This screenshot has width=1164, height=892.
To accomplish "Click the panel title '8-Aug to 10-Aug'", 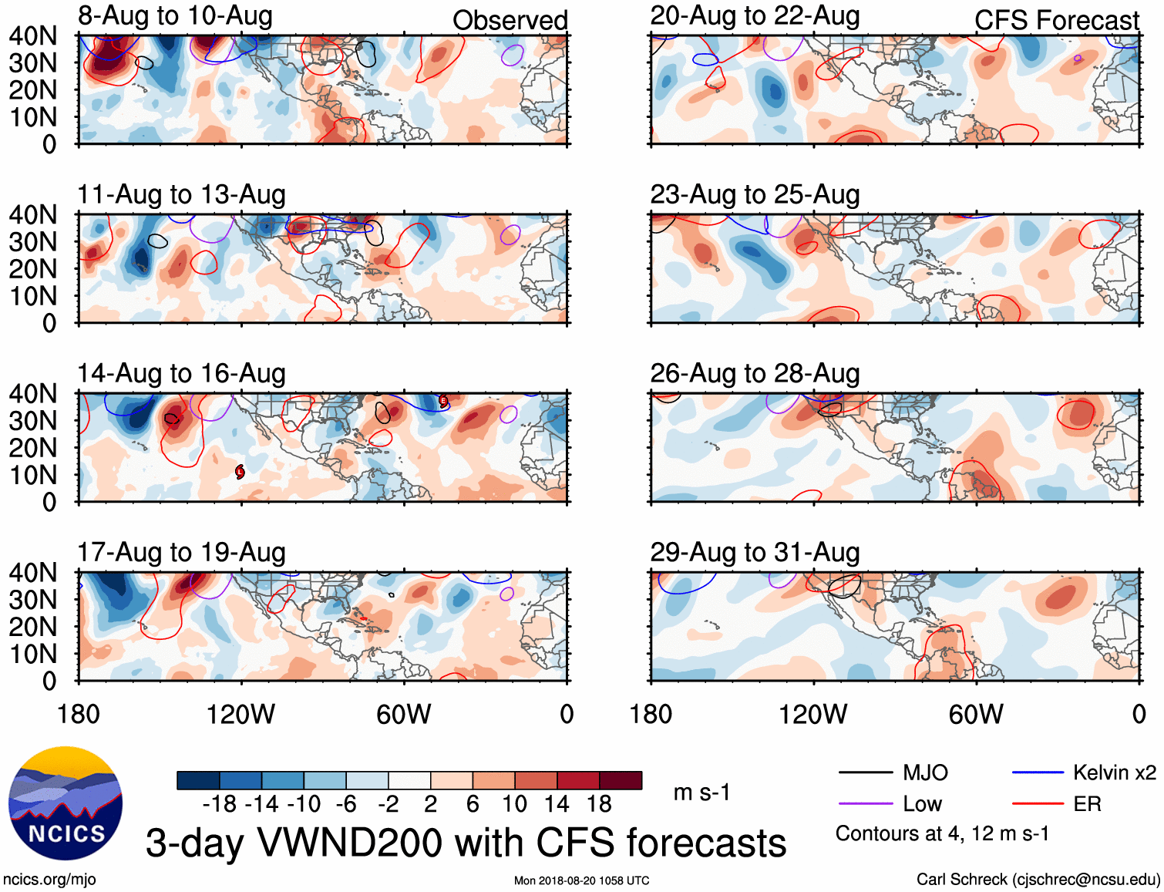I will coord(175,16).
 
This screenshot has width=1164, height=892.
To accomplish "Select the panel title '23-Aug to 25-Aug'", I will coord(755,195).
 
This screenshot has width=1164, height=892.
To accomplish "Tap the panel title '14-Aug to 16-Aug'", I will coord(181,374).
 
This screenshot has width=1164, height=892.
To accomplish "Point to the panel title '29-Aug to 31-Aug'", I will coord(755,553).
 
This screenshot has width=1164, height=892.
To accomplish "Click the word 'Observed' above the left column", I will coord(510,21).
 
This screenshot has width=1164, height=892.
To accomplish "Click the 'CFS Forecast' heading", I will coord(1056,21).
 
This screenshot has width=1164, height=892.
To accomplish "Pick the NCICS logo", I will coord(66,803).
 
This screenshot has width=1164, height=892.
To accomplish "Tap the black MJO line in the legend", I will coord(866,773).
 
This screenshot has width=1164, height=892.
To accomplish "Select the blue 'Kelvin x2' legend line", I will coord(1037,773).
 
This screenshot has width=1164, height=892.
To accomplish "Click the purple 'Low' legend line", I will coord(866,804).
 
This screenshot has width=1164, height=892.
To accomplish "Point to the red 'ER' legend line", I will coord(1037,804).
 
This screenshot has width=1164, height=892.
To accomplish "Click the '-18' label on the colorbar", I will coord(219,804).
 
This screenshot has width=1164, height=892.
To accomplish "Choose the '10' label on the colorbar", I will coord(514,804).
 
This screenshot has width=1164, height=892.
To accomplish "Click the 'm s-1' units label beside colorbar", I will coord(701,793).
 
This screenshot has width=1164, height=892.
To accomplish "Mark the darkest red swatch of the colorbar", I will coord(621,780).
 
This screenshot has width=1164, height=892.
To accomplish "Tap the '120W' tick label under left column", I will coord(241,714).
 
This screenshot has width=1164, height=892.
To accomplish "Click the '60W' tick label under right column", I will coord(976,714).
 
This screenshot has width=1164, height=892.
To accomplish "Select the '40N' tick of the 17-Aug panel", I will coord(33,573).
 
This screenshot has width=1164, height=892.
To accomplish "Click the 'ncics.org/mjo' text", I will coord(49,880).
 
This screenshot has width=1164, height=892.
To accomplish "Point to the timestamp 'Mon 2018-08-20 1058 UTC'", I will coord(581,880).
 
